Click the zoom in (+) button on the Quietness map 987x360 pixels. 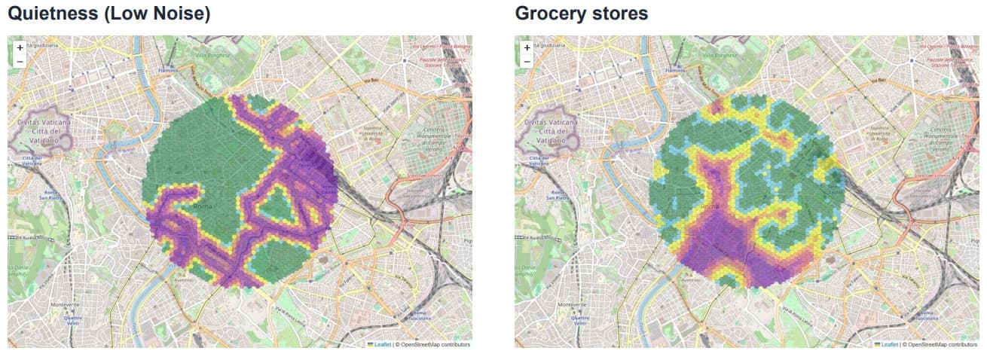click(x=20, y=47)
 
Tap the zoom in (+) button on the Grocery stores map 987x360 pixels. click(x=527, y=47)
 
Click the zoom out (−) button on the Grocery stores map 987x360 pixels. click(x=527, y=61)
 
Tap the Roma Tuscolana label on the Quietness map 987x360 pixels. click(x=420, y=316)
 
